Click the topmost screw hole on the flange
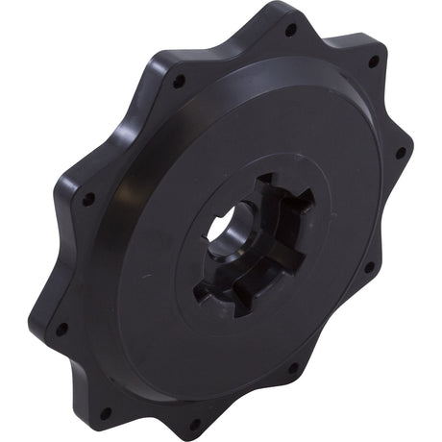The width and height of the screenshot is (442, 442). coord(290,30)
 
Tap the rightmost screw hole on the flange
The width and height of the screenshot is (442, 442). coord(400,152)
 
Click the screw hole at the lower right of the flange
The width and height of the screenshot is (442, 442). coord(292,367)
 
